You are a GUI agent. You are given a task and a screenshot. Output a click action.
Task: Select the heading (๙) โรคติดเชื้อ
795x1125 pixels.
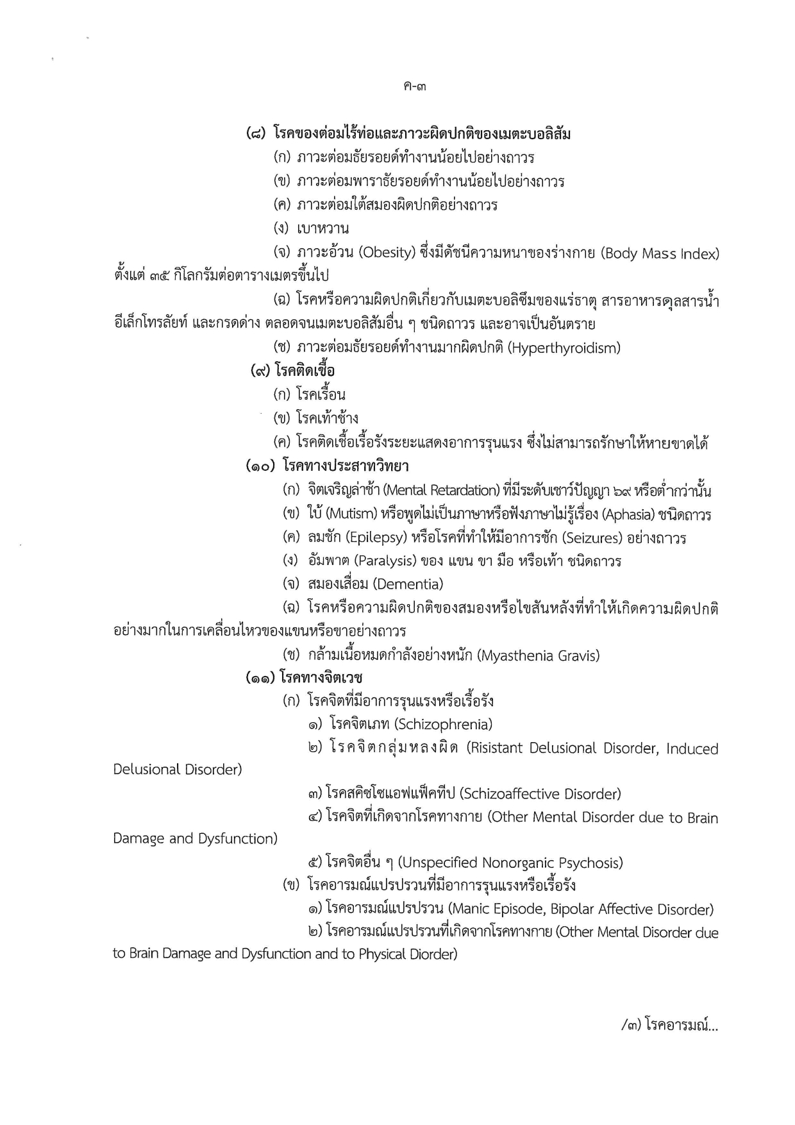pyautogui.click(x=293, y=371)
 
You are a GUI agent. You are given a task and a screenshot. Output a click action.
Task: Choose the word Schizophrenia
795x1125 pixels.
pyautogui.click(x=443, y=725)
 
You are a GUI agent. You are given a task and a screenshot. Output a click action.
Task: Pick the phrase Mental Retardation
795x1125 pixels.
pyautogui.click(x=443, y=491)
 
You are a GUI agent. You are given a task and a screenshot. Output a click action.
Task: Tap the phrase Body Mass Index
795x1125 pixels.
pyautogui.click(x=660, y=254)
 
